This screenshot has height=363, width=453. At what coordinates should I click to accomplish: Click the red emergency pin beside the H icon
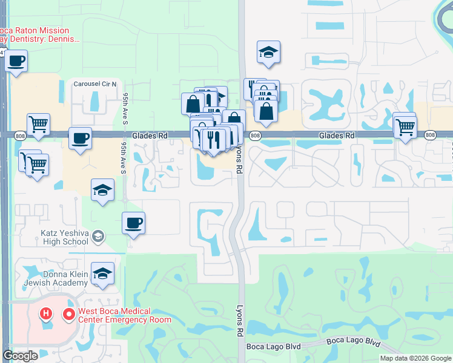click(68, 315)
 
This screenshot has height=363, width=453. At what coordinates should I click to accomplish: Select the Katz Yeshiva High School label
click(56, 237)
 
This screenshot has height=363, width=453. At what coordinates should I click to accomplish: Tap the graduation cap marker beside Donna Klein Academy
click(103, 274)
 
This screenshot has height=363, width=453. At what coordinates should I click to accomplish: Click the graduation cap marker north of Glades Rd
click(268, 52)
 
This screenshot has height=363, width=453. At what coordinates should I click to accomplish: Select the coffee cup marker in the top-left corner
click(16, 62)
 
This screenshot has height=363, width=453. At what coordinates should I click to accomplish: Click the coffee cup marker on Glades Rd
click(81, 139)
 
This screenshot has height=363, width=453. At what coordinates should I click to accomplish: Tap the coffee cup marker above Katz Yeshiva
click(133, 223)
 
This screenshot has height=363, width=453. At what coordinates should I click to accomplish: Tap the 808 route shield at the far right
click(431, 136)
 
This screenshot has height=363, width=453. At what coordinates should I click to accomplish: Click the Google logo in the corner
click(21, 356)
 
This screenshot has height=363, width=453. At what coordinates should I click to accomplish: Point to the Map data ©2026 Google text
click(415, 358)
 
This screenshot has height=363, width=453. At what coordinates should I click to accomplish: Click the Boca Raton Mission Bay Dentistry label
click(42, 34)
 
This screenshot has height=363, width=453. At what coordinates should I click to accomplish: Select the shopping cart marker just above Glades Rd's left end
click(38, 124)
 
